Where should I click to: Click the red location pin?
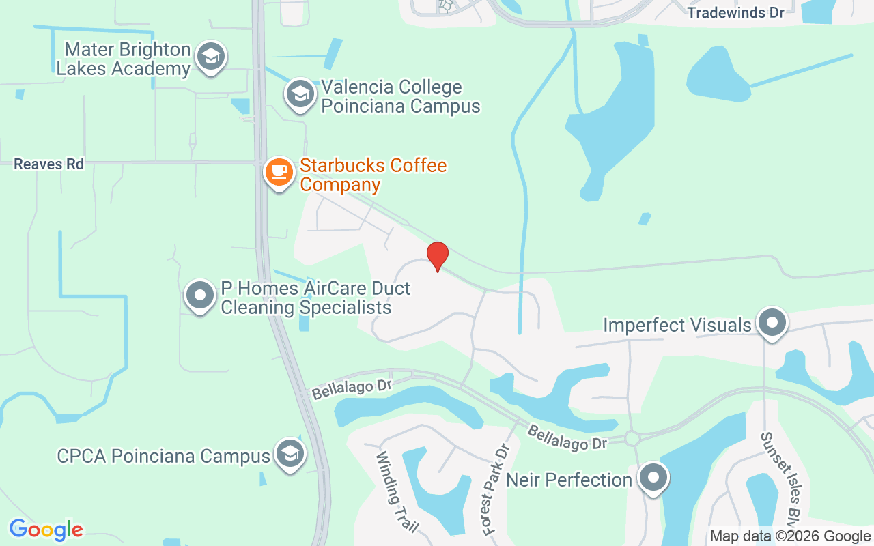437,256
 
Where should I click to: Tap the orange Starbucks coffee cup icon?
279,172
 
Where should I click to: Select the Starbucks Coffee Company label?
373,175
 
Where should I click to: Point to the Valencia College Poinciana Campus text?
401,97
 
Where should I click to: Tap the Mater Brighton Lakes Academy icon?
211,57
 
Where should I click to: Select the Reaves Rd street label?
48,164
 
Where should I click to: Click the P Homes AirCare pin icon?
200,296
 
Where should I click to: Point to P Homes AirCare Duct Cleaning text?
315,298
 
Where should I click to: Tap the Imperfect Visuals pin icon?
772,322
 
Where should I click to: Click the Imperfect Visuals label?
677,325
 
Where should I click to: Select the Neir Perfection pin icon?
653,478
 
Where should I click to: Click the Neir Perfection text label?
569,480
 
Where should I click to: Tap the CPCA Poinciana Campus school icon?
290,454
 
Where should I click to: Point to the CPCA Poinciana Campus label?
163,456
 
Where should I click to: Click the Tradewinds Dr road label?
736,13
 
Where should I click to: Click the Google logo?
46,530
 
